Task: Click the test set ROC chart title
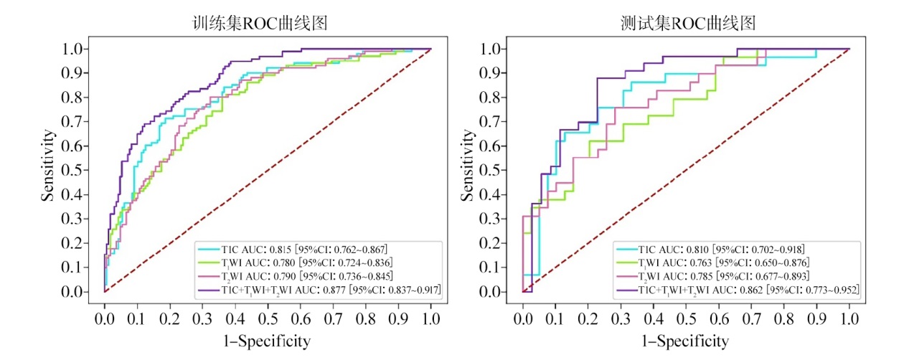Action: point(687,23)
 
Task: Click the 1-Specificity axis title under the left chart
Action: point(268,341)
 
